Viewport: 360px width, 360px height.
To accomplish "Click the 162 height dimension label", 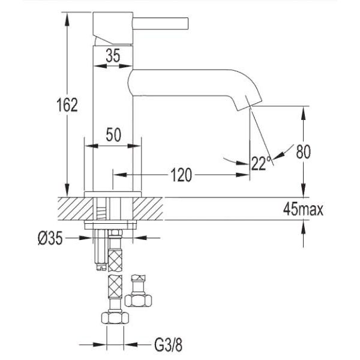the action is [67, 104].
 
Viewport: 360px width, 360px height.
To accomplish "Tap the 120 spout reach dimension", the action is [181, 175].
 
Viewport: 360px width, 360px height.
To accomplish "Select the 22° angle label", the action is [261, 163].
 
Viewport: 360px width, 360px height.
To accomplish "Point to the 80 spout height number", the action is [303, 152].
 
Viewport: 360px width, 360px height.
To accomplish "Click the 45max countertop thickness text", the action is [303, 209].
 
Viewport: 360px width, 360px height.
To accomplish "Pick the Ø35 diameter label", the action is [50, 238].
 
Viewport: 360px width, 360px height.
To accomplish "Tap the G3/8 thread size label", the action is [168, 345].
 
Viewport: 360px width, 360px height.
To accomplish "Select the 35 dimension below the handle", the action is [113, 55].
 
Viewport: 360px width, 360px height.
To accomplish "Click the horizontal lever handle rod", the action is [160, 23].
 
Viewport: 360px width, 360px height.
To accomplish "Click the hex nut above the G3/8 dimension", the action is [115, 318].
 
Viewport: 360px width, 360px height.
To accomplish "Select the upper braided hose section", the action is [115, 260].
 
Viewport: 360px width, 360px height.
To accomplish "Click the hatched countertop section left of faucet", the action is [76, 209].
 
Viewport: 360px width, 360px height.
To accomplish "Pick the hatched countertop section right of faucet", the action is [148, 209].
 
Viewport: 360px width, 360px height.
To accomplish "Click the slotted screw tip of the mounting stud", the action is [101, 267].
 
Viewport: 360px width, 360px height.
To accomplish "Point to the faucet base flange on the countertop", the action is [113, 194].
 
